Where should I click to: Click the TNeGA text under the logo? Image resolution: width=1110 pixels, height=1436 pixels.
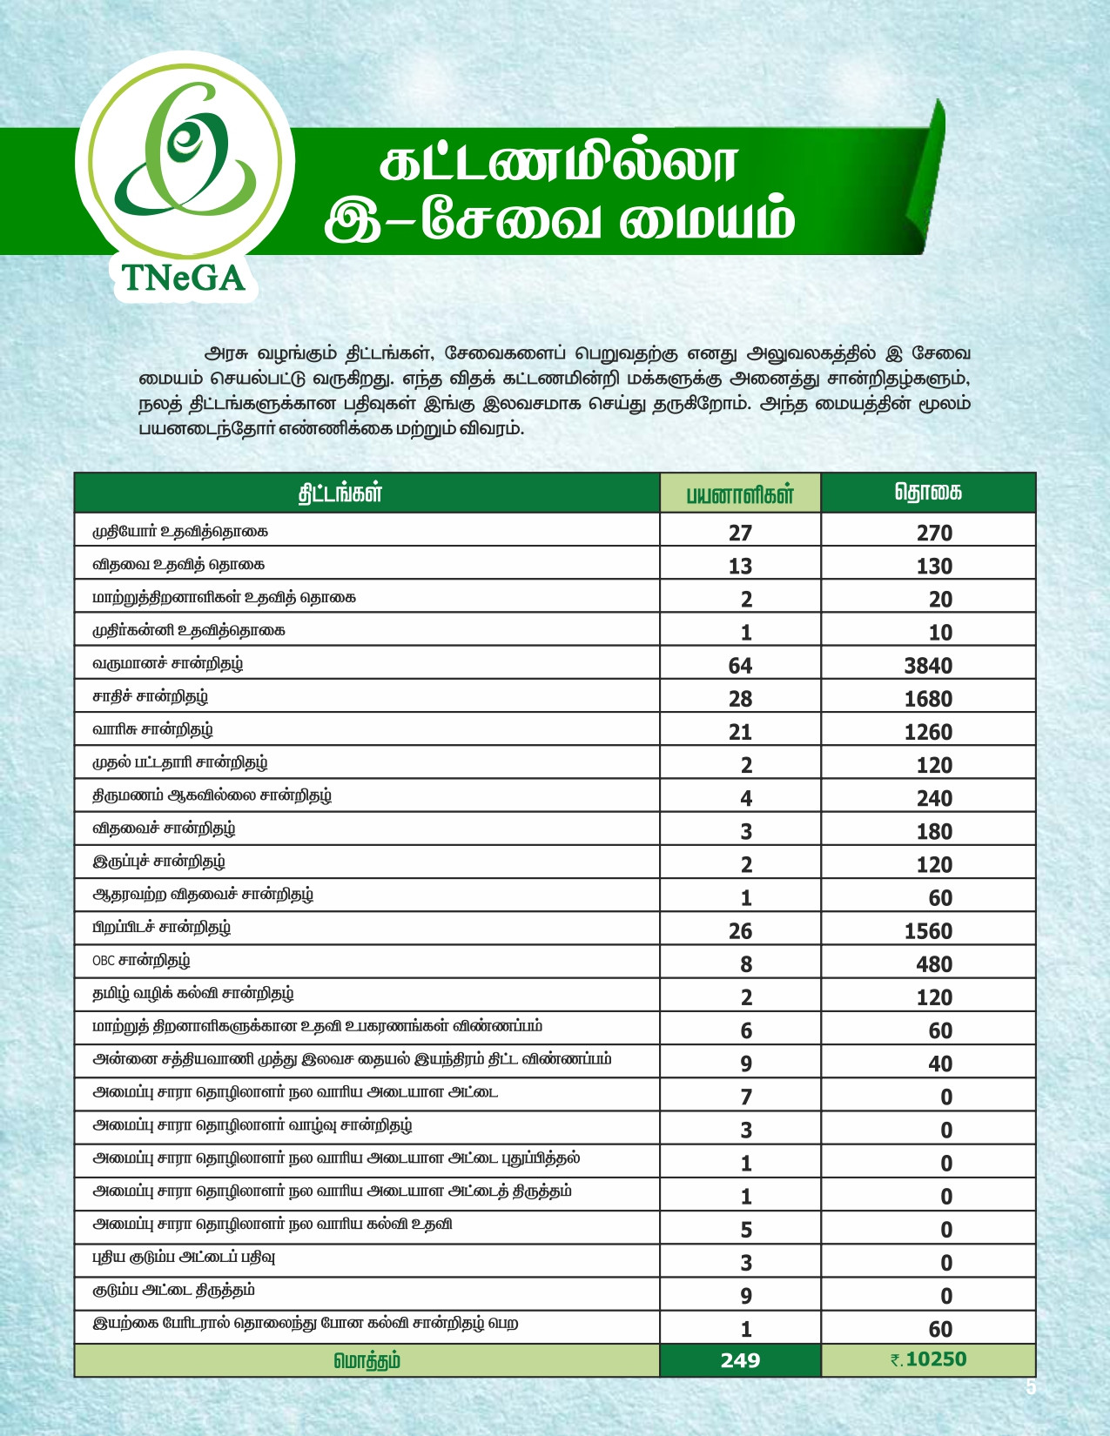coord(184,278)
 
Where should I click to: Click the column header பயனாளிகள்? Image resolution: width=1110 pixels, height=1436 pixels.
coord(740,494)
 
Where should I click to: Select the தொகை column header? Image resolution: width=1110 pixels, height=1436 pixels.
coord(928,493)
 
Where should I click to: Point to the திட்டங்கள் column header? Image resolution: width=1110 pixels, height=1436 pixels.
coord(340,493)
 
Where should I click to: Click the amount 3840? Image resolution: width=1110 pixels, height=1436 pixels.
coord(928,666)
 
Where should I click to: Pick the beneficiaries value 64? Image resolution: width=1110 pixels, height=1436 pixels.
coord(740,666)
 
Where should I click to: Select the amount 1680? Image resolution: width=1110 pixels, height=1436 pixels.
coord(928,699)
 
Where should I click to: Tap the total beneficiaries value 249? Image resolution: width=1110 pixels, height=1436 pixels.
coord(740,1359)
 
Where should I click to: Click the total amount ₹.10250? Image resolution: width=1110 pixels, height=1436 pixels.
coord(928,1359)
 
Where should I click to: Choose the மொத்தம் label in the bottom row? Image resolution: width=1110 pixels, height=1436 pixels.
coord(367,1360)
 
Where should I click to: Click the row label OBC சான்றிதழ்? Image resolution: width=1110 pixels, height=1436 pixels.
coord(141,962)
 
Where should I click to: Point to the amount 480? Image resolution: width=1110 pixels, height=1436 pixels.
coord(934,964)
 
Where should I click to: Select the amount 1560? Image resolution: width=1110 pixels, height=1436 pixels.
coord(928,931)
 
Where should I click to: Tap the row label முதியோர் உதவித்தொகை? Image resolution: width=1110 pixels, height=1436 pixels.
coord(180,531)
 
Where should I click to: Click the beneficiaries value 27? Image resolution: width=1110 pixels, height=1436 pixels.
coord(740,533)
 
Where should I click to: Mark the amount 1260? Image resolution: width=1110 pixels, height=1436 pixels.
coord(928,732)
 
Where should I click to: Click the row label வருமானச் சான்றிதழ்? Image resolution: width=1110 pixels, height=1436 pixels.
coord(168,664)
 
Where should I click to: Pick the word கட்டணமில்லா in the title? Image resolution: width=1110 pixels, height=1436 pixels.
coord(559,164)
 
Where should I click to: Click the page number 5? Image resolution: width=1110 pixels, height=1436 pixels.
coord(1031,1387)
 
